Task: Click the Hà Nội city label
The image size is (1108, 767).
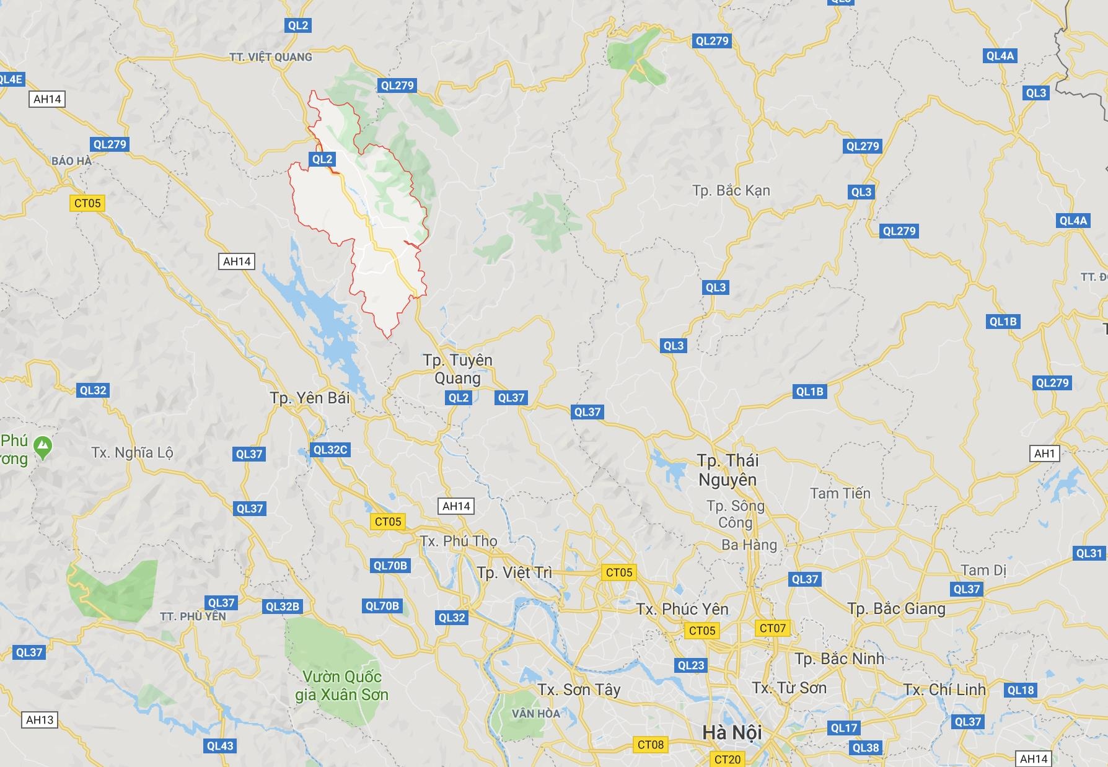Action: click(732, 732)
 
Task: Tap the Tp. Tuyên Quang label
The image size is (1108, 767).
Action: click(458, 369)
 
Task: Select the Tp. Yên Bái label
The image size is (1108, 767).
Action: click(310, 398)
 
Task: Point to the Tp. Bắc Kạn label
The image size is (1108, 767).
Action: click(731, 190)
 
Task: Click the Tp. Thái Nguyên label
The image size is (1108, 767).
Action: click(728, 470)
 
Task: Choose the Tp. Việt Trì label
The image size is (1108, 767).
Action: click(514, 572)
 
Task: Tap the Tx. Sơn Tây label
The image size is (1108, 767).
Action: click(579, 690)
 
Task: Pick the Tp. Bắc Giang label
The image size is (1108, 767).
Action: click(896, 608)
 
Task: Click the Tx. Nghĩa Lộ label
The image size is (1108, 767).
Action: click(132, 452)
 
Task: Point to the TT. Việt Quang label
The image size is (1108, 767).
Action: click(271, 57)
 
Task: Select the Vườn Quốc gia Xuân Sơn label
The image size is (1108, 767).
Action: click(341, 685)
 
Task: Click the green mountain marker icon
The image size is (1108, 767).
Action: click(43, 446)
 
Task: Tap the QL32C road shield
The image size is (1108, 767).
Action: click(330, 450)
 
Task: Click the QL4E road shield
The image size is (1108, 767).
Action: click(11, 79)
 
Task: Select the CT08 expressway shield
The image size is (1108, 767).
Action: click(651, 745)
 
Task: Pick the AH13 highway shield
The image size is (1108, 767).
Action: click(40, 720)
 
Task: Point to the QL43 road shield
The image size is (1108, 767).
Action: click(220, 746)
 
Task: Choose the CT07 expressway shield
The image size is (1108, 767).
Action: click(773, 628)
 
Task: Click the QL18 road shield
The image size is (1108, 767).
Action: click(1021, 690)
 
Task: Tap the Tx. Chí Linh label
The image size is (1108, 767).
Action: click(944, 690)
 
